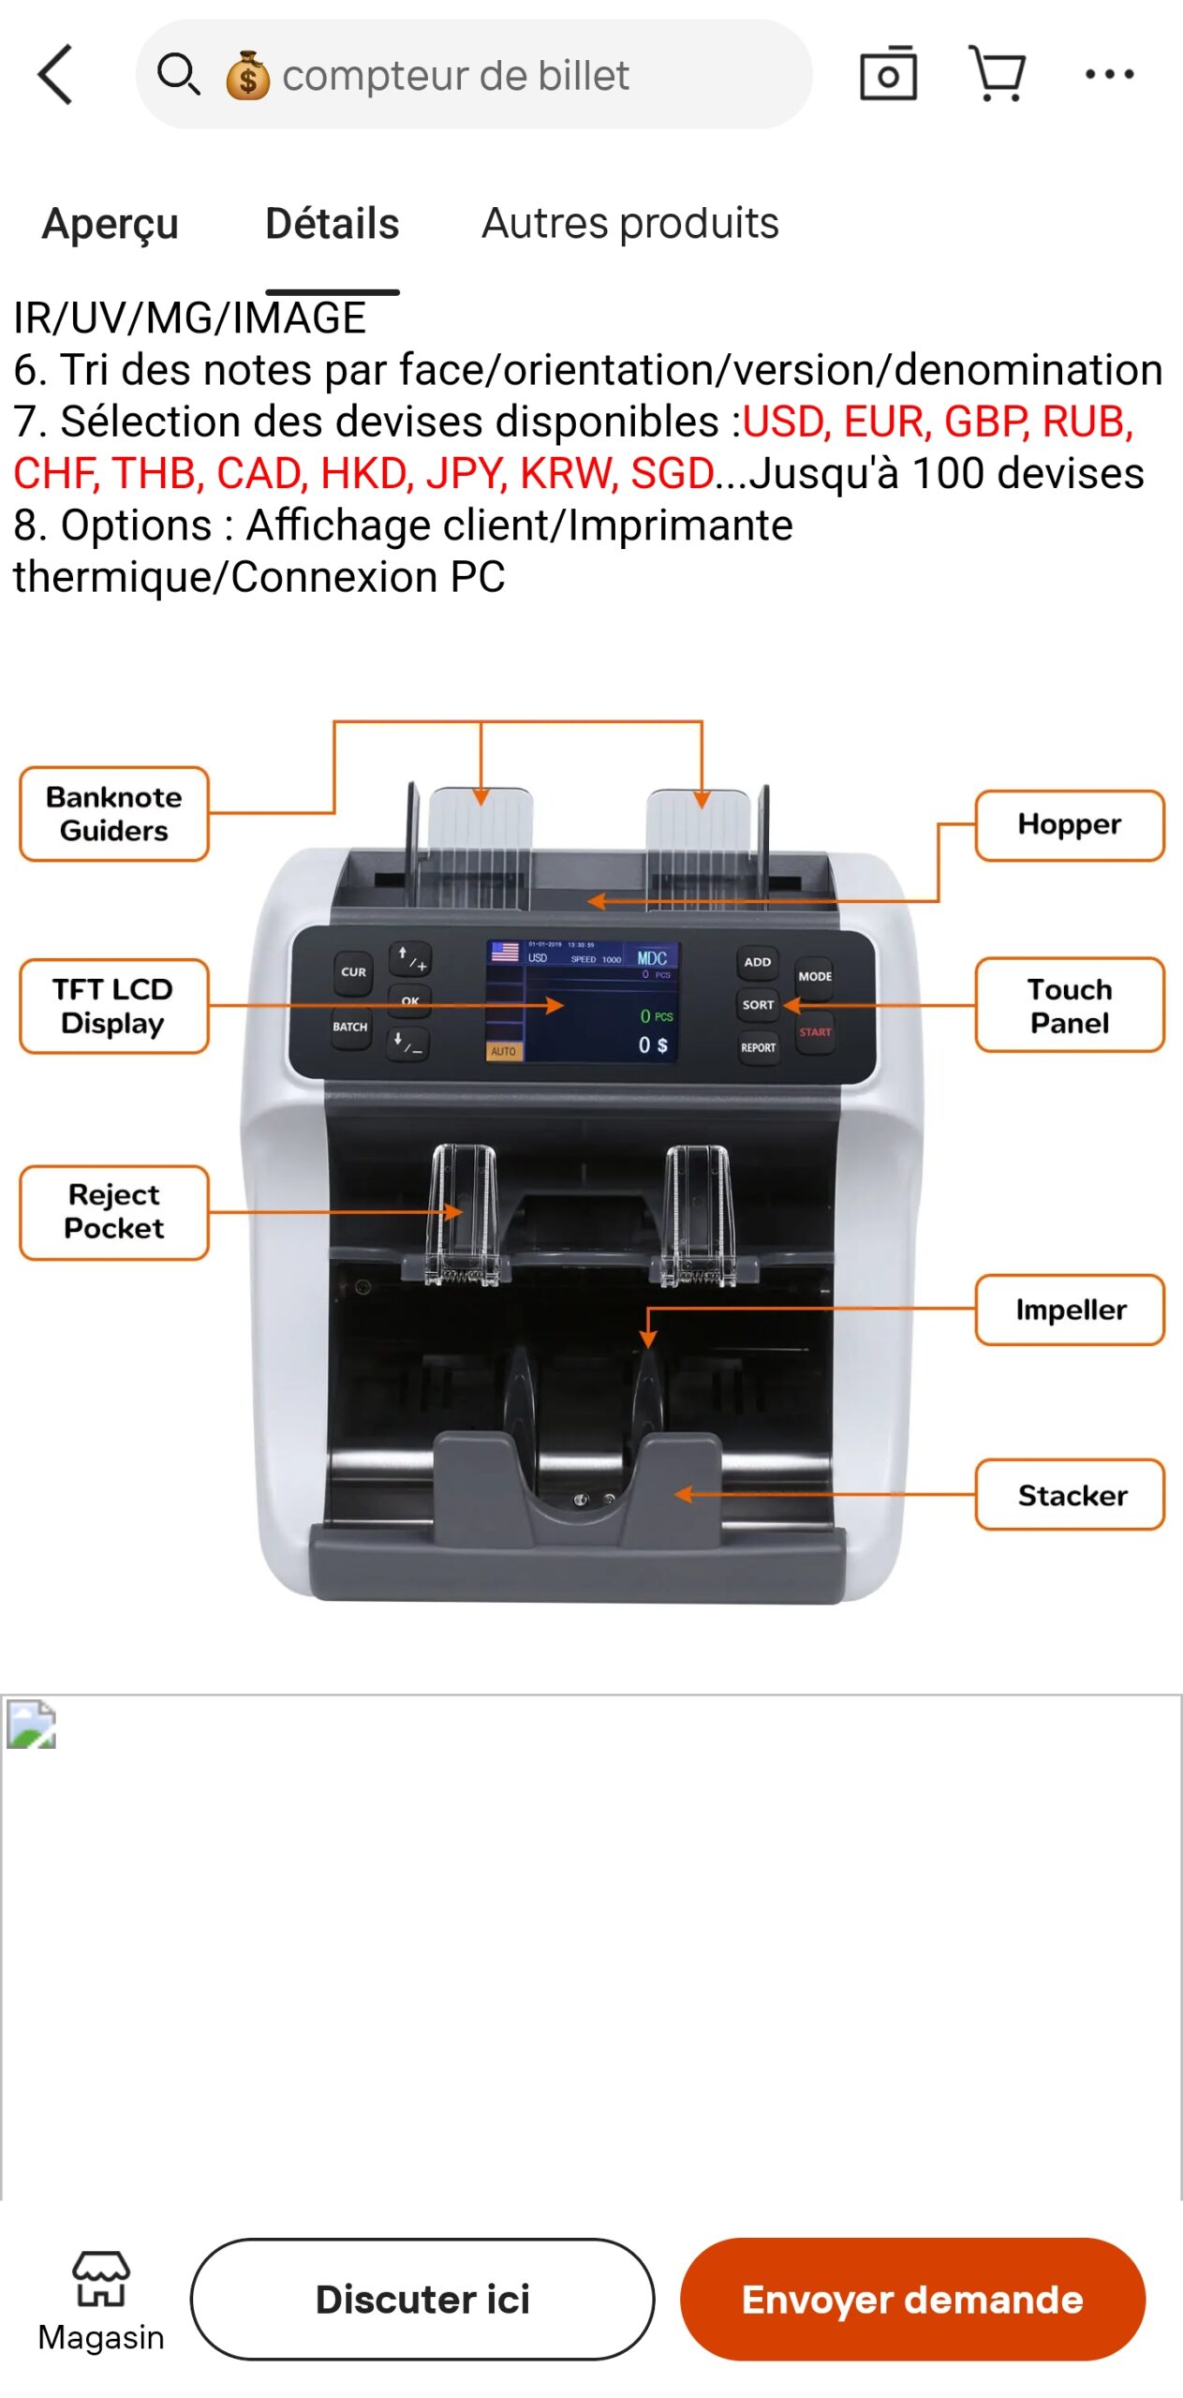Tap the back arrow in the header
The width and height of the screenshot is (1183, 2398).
pos(56,75)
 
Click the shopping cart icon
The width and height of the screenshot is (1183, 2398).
pos(998,74)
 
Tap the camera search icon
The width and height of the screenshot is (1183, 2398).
pos(888,74)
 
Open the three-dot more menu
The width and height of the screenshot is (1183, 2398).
pos(1109,74)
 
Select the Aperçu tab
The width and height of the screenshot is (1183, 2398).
pos(111,224)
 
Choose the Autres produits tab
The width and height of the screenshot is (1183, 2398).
pos(629,224)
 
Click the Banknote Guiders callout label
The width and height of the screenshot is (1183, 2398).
pos(114,813)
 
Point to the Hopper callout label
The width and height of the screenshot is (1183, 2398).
pos(1070,824)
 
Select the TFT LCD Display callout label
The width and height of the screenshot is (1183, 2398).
pos(114,1005)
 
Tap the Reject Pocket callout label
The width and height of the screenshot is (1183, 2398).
pos(114,1211)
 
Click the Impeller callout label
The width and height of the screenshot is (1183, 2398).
pos(1070,1309)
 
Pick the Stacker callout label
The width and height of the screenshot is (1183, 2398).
pos(1070,1494)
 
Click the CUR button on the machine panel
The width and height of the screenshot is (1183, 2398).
pos(353,972)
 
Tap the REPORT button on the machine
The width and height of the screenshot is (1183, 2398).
pos(758,1047)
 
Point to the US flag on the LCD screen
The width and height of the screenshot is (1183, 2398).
pos(505,953)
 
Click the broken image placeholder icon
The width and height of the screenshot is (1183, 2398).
pos(32,1724)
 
